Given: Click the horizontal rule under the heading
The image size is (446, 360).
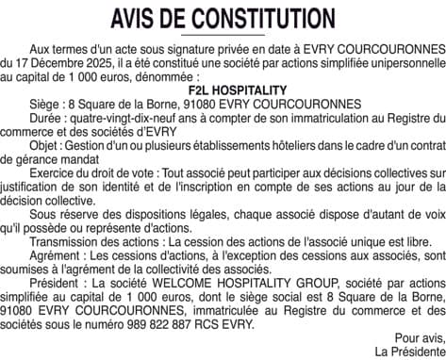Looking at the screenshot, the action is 223,35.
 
